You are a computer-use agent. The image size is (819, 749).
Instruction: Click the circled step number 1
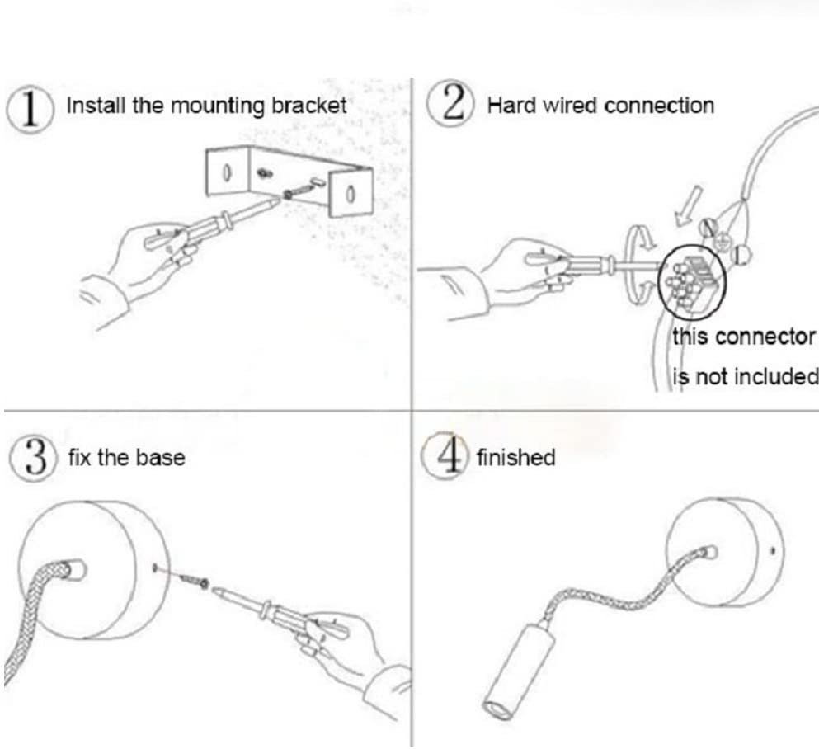click(31, 110)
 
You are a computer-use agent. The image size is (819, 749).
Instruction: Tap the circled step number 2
click(450, 104)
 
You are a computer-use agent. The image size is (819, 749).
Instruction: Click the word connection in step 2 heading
click(659, 106)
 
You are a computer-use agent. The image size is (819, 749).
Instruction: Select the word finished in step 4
click(515, 457)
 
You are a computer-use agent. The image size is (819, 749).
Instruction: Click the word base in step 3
click(161, 458)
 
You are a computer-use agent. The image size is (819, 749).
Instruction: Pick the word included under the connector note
click(775, 375)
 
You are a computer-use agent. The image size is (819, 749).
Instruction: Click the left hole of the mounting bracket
click(227, 173)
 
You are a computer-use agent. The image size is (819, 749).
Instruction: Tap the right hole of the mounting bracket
click(351, 195)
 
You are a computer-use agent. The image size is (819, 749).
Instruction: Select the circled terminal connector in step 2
click(692, 282)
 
